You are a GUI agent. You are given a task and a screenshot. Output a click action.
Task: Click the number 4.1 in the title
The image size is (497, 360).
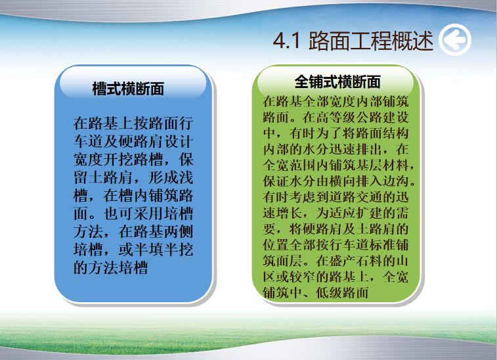tap(287, 41)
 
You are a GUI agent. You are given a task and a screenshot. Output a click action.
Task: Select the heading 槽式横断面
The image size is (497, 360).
tap(128, 89)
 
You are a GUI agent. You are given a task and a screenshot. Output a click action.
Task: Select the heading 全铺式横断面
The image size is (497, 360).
tap(337, 82)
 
